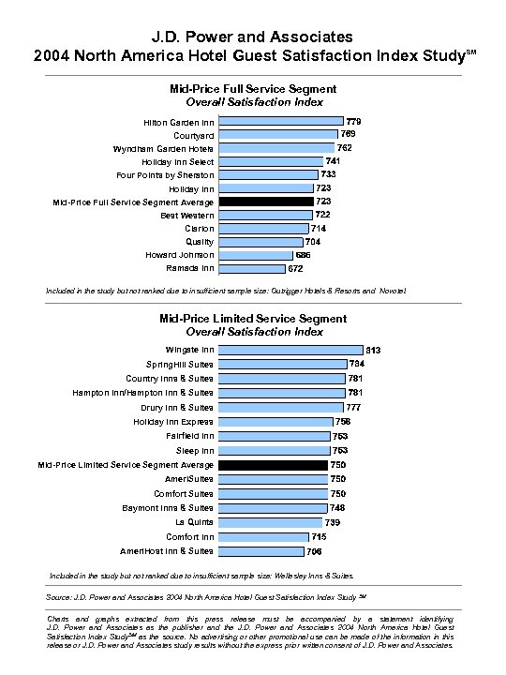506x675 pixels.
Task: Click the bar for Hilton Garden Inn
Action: [280, 122]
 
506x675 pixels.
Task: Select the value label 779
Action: [354, 122]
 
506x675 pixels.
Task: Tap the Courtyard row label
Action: [193, 136]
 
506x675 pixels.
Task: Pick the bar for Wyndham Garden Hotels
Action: [276, 148]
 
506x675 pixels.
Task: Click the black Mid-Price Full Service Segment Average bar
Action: [266, 202]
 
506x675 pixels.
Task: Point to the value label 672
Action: [295, 268]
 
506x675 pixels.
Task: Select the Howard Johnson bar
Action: [255, 255]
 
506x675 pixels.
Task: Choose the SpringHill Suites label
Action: [179, 364]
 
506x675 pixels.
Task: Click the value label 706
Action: [314, 551]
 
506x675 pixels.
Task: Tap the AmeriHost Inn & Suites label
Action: [167, 551]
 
